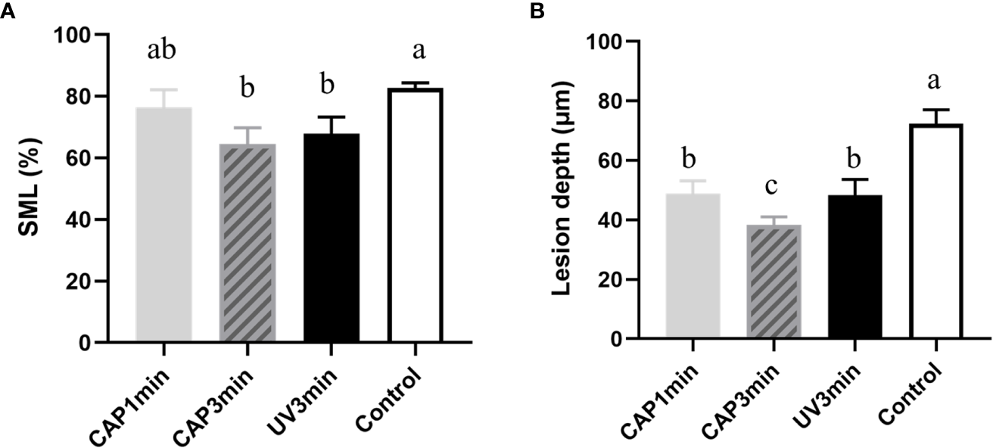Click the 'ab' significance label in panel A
click(163, 52)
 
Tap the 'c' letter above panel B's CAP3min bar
click(774, 185)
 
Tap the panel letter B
click(537, 11)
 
